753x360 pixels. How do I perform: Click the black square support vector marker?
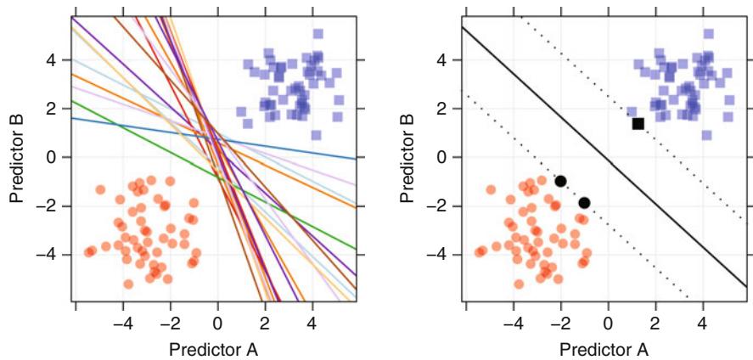coord(638,123)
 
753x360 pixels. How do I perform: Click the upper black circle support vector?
coord(560,181)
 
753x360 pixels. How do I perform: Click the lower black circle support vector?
coord(584,202)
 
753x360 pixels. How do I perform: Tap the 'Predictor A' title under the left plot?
coord(213,348)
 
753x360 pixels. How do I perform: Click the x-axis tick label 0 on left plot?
coord(217,323)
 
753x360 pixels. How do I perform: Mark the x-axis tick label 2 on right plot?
coord(655,323)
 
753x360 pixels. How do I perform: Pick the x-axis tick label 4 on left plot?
coord(312,323)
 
